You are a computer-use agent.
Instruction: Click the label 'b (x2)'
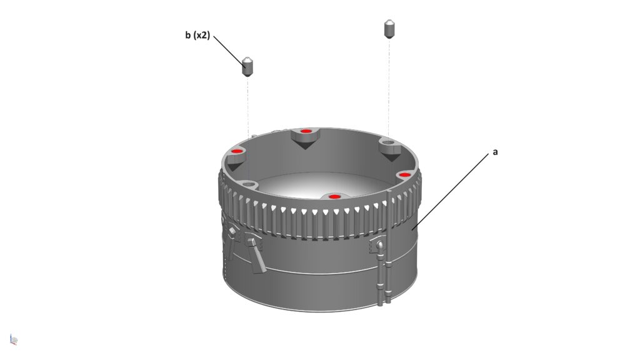(x=197, y=35)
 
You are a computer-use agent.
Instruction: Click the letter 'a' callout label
(x=496, y=152)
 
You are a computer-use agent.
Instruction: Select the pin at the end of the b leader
(x=248, y=66)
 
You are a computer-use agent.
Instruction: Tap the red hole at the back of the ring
(x=306, y=131)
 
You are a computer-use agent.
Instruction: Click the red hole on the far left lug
(x=236, y=151)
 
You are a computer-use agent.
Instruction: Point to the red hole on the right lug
(x=404, y=174)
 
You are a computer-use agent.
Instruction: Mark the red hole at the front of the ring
(x=334, y=197)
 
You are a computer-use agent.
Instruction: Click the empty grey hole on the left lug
(x=249, y=184)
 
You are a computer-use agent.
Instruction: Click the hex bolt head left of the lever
(x=232, y=232)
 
